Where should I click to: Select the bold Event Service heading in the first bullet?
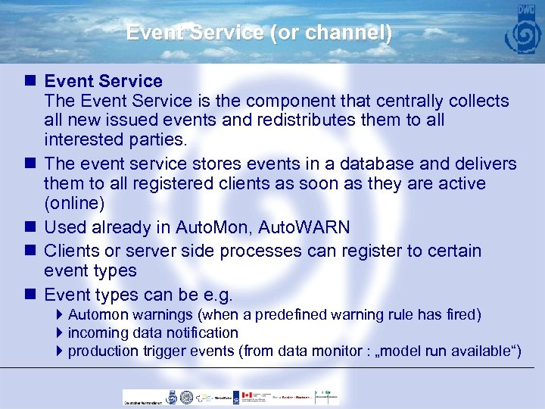click(x=104, y=81)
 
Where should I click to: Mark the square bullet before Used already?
click(x=30, y=226)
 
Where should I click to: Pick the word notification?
click(x=201, y=333)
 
